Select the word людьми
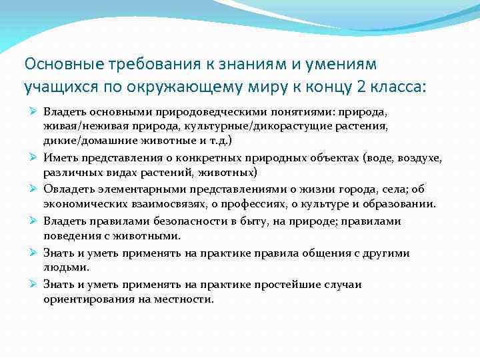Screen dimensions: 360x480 coord(65,268)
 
